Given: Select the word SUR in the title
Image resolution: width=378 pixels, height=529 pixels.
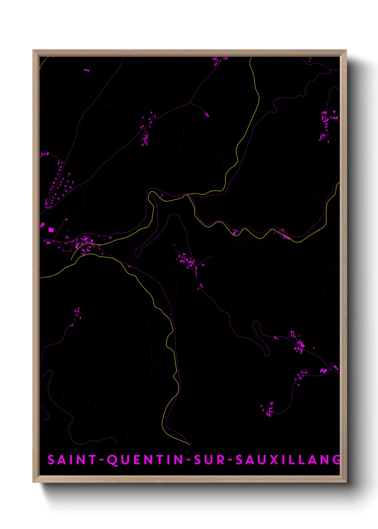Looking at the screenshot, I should [210, 460].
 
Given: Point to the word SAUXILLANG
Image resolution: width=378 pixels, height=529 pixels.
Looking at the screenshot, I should [288, 460].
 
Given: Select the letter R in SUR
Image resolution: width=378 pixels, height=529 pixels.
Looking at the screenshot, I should [222, 460].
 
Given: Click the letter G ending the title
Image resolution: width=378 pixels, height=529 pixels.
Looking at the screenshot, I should [336, 460].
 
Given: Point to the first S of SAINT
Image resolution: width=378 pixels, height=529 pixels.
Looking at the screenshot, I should [51, 460].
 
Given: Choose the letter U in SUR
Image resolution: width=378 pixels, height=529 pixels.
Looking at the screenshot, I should [210, 460].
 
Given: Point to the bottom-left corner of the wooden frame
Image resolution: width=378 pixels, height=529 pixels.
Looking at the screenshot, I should [34, 481].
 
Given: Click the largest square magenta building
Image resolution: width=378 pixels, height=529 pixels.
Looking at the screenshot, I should [51, 230].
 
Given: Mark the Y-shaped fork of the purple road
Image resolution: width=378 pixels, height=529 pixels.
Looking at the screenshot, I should [189, 103].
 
